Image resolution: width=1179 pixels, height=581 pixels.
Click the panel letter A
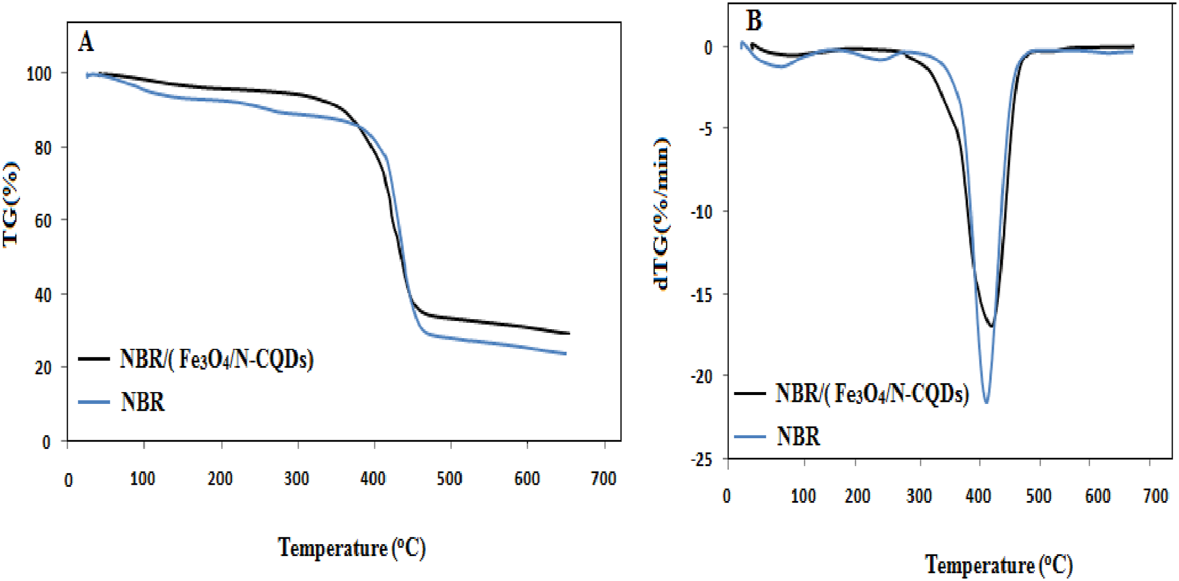[86, 42]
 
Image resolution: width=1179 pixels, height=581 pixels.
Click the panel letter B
[754, 21]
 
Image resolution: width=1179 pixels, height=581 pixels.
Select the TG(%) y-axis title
[11, 204]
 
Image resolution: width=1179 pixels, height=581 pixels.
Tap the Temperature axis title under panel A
[351, 547]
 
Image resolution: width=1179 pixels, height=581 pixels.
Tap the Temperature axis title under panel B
[998, 564]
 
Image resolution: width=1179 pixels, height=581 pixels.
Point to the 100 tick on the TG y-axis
[39, 74]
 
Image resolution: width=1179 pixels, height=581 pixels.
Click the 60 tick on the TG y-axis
[43, 221]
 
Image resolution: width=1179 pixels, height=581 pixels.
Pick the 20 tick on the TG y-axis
[43, 368]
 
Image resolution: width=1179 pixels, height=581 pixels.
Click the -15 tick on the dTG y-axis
[701, 294]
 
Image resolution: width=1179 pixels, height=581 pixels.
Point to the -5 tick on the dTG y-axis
[705, 129]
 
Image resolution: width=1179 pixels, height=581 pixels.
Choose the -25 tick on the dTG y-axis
[701, 459]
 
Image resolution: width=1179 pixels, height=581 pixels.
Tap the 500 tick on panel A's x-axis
[450, 478]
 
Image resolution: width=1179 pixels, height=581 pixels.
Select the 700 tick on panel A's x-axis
[603, 478]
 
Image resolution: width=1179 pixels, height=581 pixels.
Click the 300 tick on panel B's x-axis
[919, 496]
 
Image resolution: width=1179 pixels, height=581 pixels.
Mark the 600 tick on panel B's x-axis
[1098, 496]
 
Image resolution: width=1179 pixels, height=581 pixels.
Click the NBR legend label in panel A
[143, 402]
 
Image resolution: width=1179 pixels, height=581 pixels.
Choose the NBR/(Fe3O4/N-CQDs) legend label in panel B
[872, 394]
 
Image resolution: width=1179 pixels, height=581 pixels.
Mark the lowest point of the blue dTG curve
[986, 402]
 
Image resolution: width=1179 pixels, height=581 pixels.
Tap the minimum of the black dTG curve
[992, 326]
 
